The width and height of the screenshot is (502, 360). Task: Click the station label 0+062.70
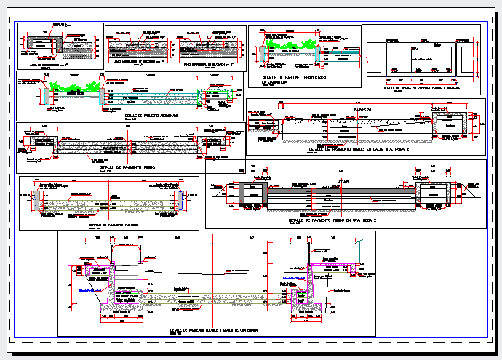(364, 109)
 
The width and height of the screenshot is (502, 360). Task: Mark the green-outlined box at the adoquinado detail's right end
(202, 95)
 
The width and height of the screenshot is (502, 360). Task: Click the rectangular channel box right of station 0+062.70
(450, 127)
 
